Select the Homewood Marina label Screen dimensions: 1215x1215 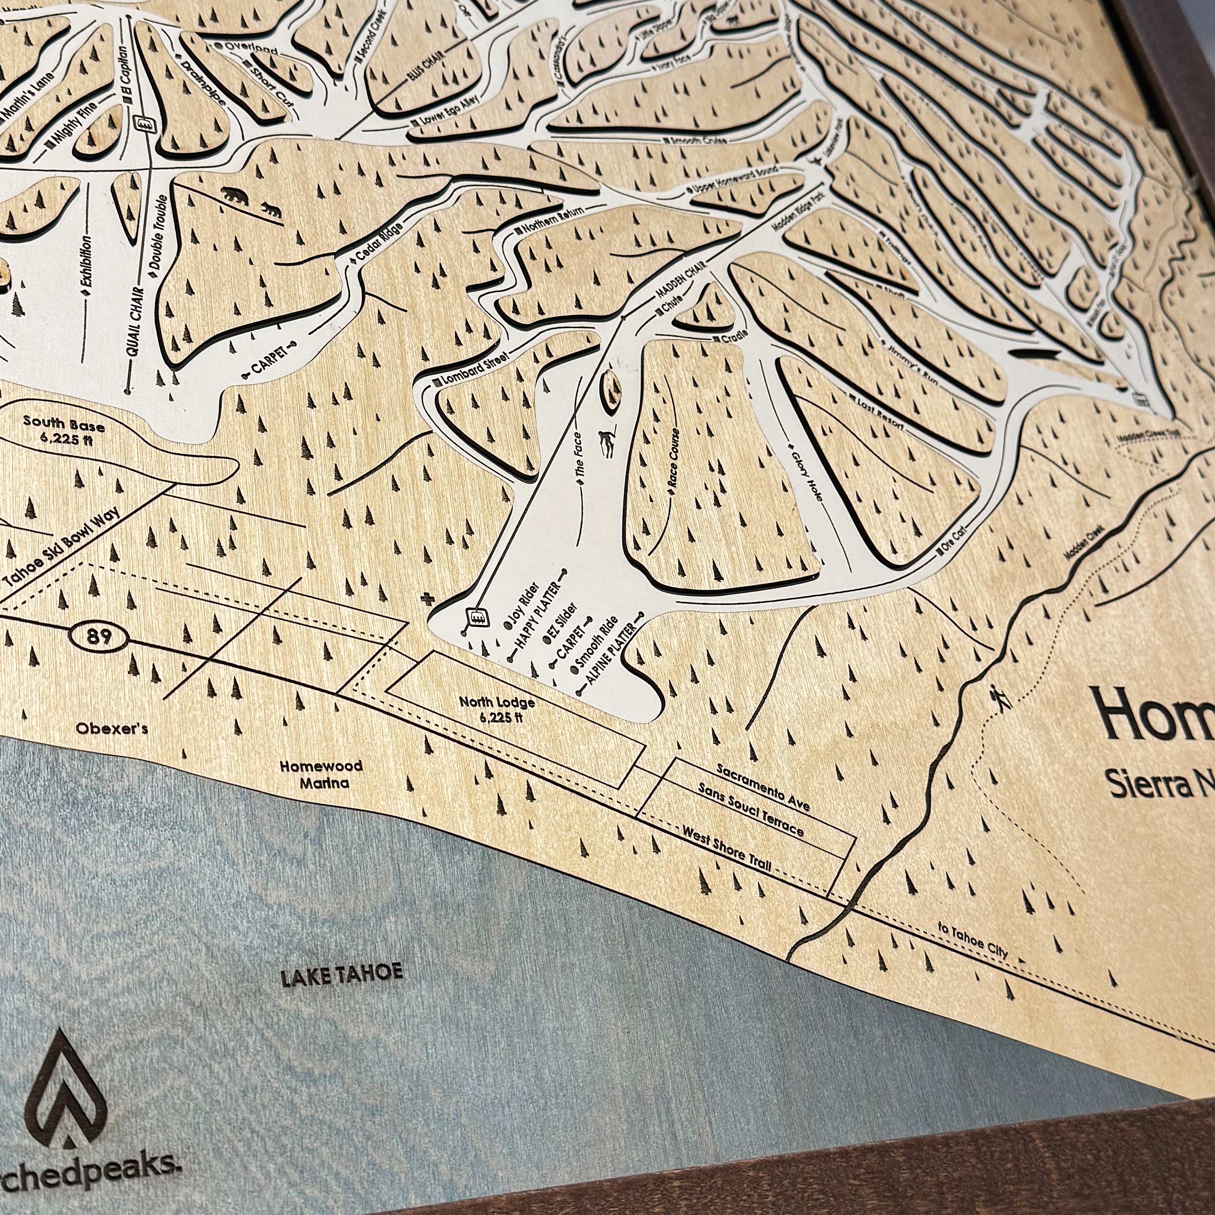click(x=321, y=774)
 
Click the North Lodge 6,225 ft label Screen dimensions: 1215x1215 click(x=497, y=710)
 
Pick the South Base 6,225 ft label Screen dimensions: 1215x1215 click(x=64, y=430)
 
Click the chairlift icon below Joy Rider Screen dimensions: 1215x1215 click(x=475, y=617)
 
